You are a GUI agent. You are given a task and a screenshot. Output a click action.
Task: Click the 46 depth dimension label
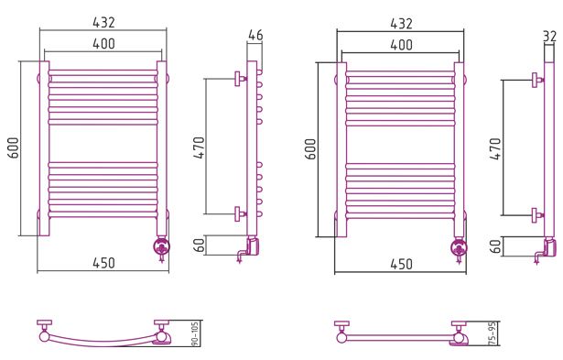(x=255, y=35)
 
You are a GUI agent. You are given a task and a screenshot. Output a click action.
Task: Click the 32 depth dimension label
(x=549, y=37)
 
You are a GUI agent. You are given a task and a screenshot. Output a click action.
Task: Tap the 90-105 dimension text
(x=195, y=333)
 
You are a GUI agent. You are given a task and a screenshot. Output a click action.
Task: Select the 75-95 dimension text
(x=493, y=333)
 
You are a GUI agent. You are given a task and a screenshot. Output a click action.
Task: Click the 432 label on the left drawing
(x=103, y=22)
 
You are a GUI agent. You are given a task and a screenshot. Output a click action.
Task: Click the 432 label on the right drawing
(x=401, y=24)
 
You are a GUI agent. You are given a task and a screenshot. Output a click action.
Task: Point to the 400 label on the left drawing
(x=103, y=43)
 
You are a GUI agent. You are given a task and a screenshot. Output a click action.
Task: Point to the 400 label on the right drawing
(x=401, y=45)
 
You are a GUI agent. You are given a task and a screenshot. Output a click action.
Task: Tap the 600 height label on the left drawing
(x=14, y=147)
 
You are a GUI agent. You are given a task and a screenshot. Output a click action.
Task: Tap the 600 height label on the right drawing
(x=311, y=148)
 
